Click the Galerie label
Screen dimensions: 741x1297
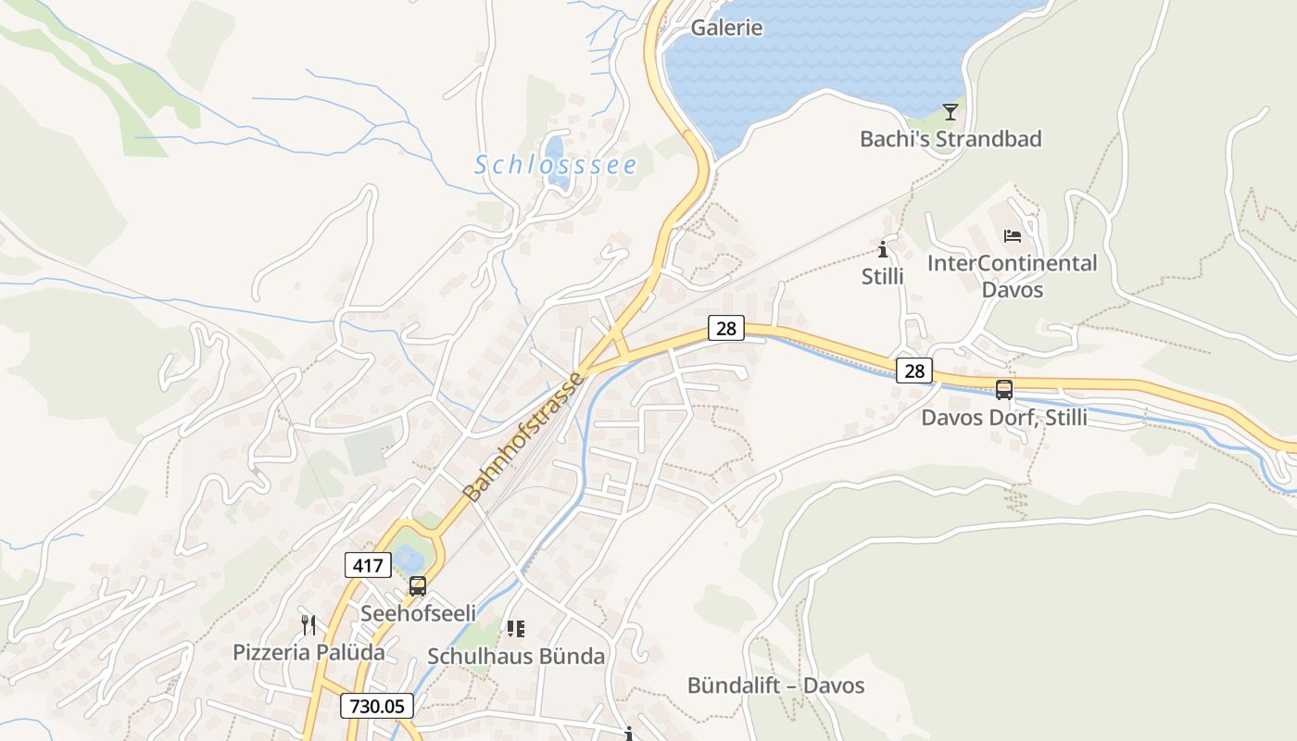[726, 28]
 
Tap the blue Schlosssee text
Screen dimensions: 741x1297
[556, 165]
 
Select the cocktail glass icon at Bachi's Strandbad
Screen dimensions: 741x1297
[950, 112]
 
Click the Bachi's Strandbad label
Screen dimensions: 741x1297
[951, 139]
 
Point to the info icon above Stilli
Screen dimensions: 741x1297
[882, 249]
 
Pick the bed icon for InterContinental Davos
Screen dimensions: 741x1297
[1012, 236]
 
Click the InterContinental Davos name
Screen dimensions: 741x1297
[1012, 276]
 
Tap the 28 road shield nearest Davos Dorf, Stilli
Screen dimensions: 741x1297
[914, 371]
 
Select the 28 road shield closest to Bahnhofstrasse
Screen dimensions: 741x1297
[726, 327]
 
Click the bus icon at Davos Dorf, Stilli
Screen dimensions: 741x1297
[1004, 390]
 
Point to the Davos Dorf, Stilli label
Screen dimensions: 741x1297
[1004, 418]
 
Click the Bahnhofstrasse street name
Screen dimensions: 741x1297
[524, 437]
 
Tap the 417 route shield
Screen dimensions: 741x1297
[367, 564]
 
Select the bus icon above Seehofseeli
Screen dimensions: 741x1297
[418, 586]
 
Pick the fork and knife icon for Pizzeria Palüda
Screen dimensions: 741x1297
[309, 625]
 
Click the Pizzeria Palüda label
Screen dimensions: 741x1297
[309, 652]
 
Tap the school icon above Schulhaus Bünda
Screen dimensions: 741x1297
[516, 630]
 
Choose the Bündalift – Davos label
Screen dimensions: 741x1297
[775, 685]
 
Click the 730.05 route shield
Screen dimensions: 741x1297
[376, 706]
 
